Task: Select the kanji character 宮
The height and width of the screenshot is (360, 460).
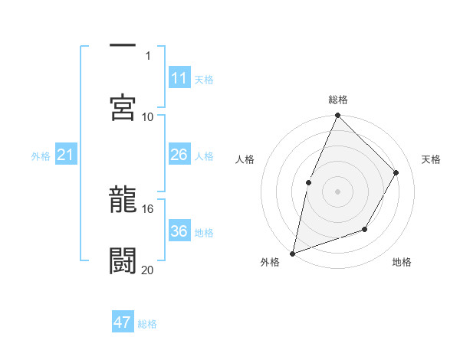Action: [123, 106]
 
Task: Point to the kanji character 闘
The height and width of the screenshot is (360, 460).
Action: [123, 260]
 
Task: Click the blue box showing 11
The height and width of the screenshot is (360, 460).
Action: [179, 78]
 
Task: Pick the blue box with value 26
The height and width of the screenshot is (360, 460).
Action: [179, 155]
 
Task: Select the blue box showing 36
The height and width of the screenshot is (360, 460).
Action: [179, 231]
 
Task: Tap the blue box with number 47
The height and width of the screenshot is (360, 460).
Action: [123, 322]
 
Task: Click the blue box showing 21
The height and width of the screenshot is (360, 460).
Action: [65, 155]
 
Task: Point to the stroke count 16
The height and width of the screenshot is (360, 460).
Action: [148, 208]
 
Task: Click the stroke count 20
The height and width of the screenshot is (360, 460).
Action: [148, 270]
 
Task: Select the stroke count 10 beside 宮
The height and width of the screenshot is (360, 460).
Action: [148, 116]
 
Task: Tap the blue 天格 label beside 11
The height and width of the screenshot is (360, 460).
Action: [204, 79]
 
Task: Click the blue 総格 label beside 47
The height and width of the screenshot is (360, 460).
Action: [147, 324]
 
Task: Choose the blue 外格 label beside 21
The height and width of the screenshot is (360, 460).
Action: [41, 156]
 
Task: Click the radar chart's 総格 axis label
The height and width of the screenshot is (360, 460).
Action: [338, 100]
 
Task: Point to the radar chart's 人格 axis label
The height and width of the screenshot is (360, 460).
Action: [245, 159]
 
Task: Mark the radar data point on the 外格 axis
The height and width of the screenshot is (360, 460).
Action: [293, 253]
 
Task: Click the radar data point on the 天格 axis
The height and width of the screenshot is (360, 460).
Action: [396, 172]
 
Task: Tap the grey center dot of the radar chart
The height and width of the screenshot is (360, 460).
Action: [337, 191]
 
